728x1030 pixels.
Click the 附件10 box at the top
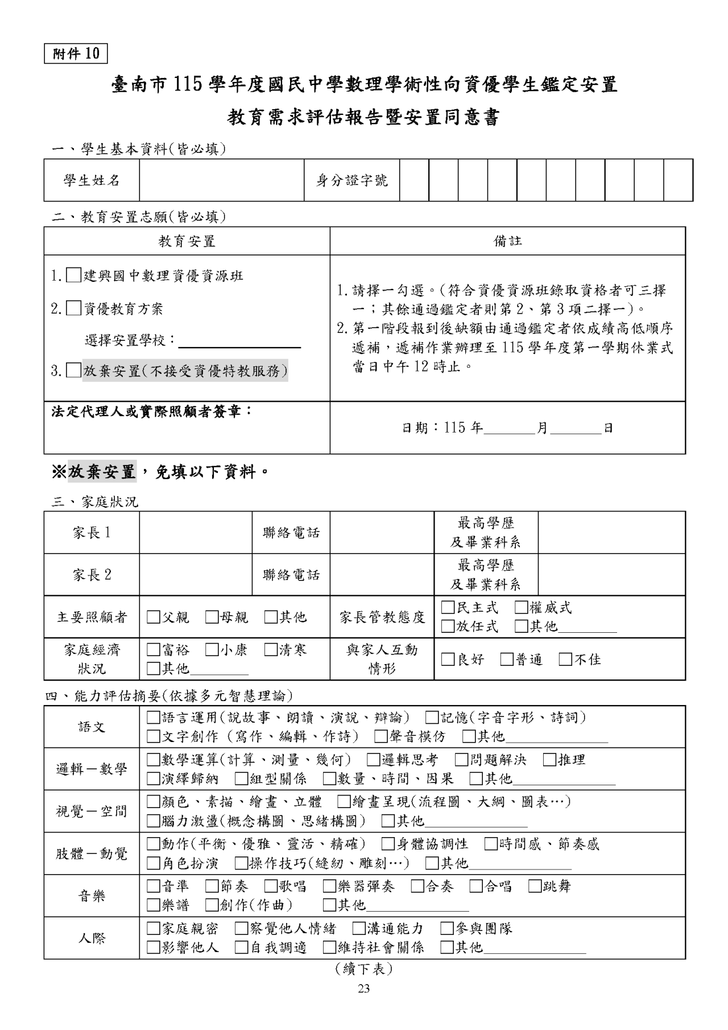point(76,53)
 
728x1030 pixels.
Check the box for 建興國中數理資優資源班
point(73,276)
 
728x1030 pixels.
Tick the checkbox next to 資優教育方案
point(73,309)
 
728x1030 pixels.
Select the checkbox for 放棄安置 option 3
point(73,371)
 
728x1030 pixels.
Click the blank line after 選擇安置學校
point(239,341)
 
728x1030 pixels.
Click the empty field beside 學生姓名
point(221,180)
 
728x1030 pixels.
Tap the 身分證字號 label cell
point(351,180)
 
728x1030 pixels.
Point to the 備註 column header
point(507,241)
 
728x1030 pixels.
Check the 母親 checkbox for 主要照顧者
point(212,617)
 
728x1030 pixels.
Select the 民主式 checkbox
point(448,608)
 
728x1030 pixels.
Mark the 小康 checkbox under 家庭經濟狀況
point(212,650)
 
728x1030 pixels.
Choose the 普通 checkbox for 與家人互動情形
point(507,660)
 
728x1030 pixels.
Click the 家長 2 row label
point(92,575)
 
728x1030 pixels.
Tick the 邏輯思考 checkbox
point(373,760)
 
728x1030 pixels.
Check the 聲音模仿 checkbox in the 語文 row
point(380,736)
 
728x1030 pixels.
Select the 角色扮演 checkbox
point(153,863)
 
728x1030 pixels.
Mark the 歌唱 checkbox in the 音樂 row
point(271,887)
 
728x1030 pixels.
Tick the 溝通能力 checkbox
point(358,929)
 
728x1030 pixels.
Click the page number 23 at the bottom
point(364,989)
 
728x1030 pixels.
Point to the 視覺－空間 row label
point(92,811)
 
